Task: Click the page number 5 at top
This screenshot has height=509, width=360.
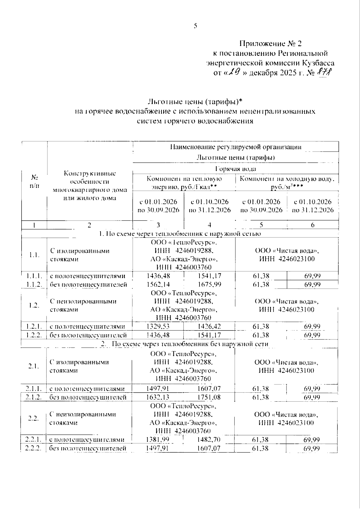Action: [x=195, y=26]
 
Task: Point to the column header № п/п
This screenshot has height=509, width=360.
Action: [x=34, y=181]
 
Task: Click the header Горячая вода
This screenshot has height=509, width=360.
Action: [x=235, y=169]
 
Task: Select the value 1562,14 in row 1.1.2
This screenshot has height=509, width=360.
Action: [x=158, y=284]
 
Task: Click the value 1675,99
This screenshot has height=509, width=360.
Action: [x=209, y=284]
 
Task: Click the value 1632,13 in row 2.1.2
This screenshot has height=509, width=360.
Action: [x=158, y=397]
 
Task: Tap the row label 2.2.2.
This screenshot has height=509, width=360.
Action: [x=33, y=448]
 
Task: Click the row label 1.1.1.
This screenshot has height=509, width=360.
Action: [x=34, y=276]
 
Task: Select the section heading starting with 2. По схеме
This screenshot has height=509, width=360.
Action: [x=184, y=344]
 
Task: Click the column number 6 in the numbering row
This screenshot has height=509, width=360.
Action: [x=313, y=225]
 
